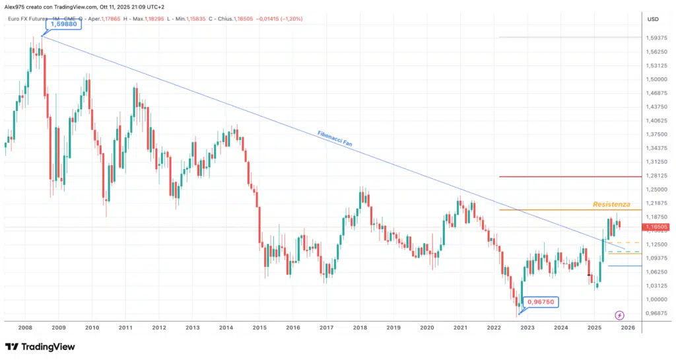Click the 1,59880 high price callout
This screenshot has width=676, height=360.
(59, 24)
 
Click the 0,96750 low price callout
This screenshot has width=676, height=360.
(543, 301)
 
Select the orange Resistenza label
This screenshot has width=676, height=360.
(611, 205)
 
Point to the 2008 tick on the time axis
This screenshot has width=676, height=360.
(25, 327)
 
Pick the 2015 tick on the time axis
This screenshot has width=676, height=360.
(259, 327)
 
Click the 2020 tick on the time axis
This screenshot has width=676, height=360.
(426, 327)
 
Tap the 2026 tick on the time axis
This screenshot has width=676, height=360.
(628, 327)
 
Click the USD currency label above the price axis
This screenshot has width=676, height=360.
(654, 19)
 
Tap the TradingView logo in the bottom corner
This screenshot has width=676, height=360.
(40, 347)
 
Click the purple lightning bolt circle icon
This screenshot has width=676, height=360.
(619, 315)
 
